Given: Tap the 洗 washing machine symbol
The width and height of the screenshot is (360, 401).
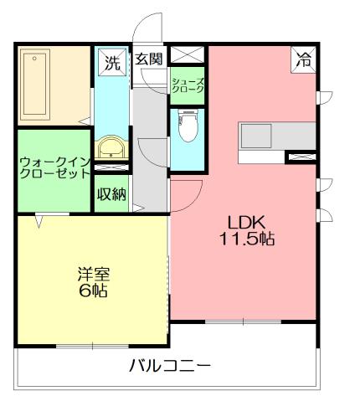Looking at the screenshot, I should pos(111,60).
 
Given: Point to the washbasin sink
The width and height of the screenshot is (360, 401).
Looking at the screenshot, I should pos(109,149).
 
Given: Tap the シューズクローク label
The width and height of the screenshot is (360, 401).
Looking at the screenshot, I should pos(186,85).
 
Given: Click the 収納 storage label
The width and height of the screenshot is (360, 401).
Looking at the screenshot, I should pos(111,195).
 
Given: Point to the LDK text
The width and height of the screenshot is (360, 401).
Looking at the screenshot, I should pos(247,222).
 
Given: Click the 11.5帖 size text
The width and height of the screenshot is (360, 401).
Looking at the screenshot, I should pos(247,239).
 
